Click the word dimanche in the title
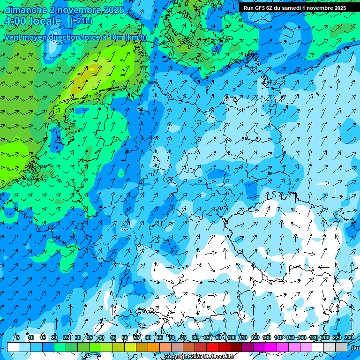pyautogui.click(x=26, y=9)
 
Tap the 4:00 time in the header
pyautogui.click(x=15, y=21)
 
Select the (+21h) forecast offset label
pyautogui.click(x=81, y=21)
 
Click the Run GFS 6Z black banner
pyautogui.click(x=294, y=8)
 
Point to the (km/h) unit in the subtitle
pyautogui.click(x=136, y=37)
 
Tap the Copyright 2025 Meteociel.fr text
pyautogui.click(x=198, y=357)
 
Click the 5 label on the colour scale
pyautogui.click(x=17, y=337)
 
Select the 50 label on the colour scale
pyautogui.click(x=125, y=337)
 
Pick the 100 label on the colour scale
pyautogui.click(x=231, y=337)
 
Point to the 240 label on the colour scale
pyautogui.click(x=349, y=337)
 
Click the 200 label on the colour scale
pyautogui.click(x=325, y=337)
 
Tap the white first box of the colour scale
pyautogui.click(x=13, y=347)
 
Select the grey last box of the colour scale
pyautogui.click(x=341, y=347)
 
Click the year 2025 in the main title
pyautogui.click(x=114, y=9)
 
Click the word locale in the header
pyautogui.click(x=45, y=21)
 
